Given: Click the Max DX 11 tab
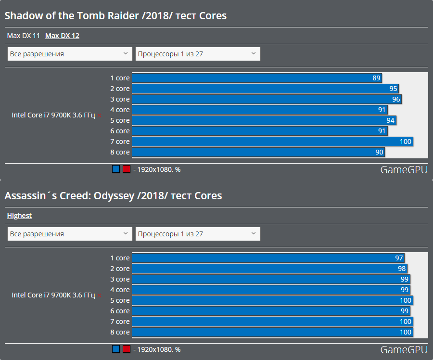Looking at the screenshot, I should tap(23, 36).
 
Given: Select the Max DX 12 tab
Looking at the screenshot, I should tap(62, 36).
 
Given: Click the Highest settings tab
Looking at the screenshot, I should tap(19, 216).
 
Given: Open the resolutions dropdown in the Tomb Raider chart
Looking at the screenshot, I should tap(70, 54).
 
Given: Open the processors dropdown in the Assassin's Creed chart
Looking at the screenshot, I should tap(198, 234).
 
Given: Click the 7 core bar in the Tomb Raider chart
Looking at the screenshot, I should tap(272, 141).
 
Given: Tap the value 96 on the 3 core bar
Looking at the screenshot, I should tap(396, 99).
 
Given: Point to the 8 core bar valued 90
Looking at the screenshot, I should tap(258, 152).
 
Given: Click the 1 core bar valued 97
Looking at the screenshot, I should tap(267, 258).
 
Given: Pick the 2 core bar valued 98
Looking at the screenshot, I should tap(269, 269).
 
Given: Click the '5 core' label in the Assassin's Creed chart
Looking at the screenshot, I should tap(120, 300).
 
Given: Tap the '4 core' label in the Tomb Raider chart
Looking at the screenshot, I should tap(120, 110).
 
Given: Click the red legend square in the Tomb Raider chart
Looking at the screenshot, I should tap(127, 169).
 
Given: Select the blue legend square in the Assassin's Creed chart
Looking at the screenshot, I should tap(116, 349).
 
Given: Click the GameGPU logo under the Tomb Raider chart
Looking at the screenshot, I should tap(404, 170).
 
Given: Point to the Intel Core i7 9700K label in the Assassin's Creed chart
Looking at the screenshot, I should tap(53, 295).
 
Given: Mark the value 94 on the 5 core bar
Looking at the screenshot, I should tap(391, 120).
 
